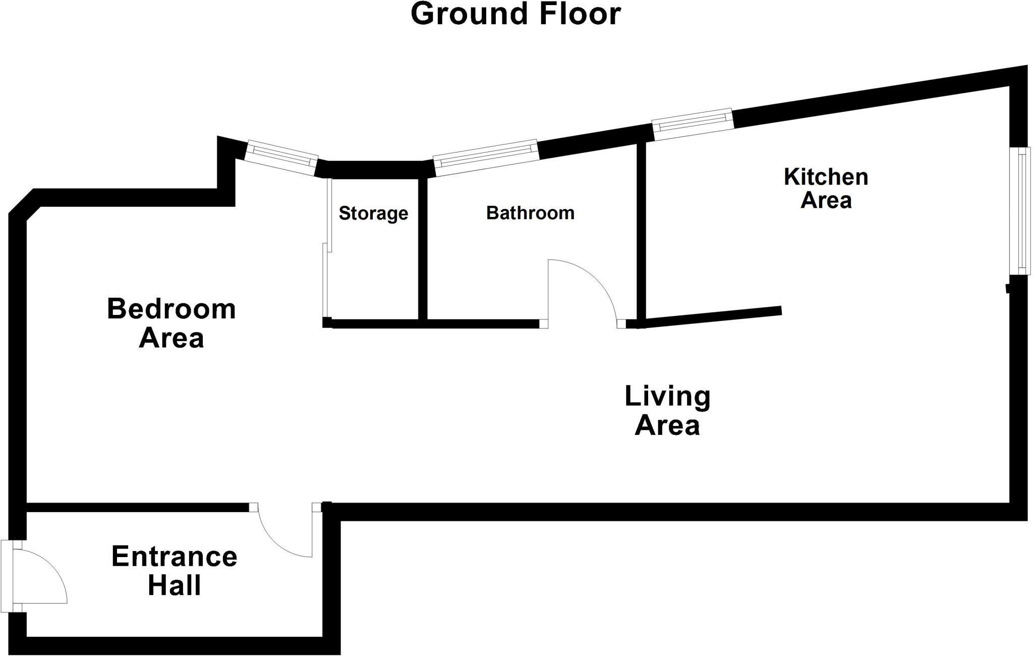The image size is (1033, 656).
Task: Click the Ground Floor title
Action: coord(515,14)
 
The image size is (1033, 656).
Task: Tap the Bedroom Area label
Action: coord(171,323)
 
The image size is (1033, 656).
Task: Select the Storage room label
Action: coord(373,213)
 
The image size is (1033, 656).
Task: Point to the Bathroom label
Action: coord(530,213)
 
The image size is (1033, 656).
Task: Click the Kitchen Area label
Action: coord(826,188)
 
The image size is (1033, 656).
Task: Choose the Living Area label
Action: coord(667,410)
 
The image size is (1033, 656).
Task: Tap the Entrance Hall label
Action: coord(174,571)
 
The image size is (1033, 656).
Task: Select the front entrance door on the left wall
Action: coord(35,575)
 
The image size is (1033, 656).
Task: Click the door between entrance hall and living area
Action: coord(282,535)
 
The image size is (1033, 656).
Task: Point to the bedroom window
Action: coord(281,158)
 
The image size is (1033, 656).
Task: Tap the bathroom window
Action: coord(486,157)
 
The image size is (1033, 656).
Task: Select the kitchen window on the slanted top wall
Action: coord(692,124)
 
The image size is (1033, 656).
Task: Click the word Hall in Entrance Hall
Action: coord(174,585)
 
